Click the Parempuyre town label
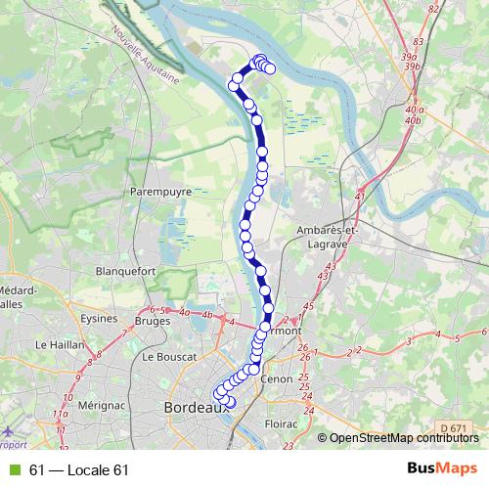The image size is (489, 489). point(160,193)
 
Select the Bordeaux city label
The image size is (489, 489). point(195,407)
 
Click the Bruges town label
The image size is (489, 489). point(153,320)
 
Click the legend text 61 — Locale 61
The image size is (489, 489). point(79,470)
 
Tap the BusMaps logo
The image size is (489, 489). point(442,469)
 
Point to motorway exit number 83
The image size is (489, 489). point(420,42)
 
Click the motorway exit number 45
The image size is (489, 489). point(309,307)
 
